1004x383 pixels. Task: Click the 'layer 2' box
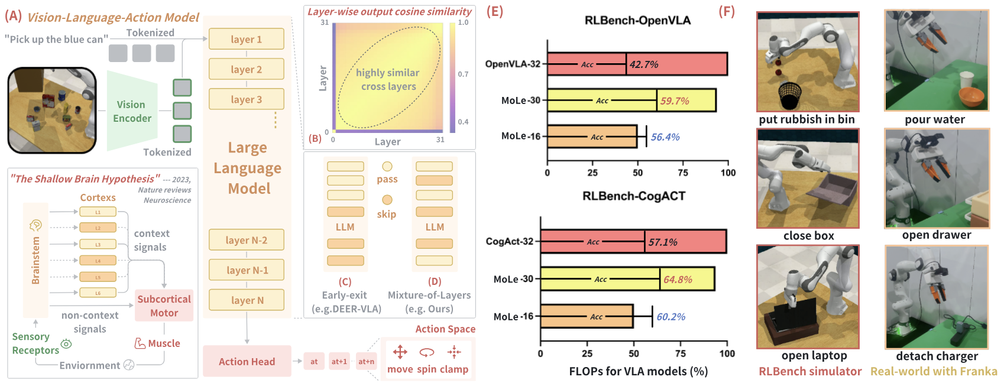pyautogui.click(x=246, y=69)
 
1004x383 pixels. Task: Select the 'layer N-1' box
pyautogui.click(x=246, y=270)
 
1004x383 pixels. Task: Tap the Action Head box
pyautogui.click(x=247, y=361)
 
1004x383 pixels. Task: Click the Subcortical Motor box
pyautogui.click(x=164, y=306)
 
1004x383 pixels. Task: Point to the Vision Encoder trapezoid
pyautogui.click(x=132, y=111)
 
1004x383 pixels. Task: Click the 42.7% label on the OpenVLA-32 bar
pyautogui.click(x=644, y=64)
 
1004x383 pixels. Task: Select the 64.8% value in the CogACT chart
pyautogui.click(x=678, y=280)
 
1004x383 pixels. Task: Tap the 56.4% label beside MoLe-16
pyautogui.click(x=665, y=137)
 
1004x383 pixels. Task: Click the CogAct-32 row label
pyautogui.click(x=509, y=241)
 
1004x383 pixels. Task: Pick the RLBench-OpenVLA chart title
pyautogui.click(x=637, y=21)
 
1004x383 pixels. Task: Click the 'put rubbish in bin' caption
pyautogui.click(x=807, y=119)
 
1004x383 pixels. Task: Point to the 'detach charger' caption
pyautogui.click(x=937, y=356)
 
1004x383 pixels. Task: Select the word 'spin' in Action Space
pyautogui.click(x=427, y=369)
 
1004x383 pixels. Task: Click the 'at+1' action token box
pyautogui.click(x=339, y=361)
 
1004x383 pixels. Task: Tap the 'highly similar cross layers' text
pyautogui.click(x=388, y=79)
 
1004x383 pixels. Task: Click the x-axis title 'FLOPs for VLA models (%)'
pyautogui.click(x=638, y=371)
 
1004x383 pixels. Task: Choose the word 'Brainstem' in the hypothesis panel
pyautogui.click(x=35, y=260)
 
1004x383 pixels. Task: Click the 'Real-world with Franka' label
pyautogui.click(x=934, y=371)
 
